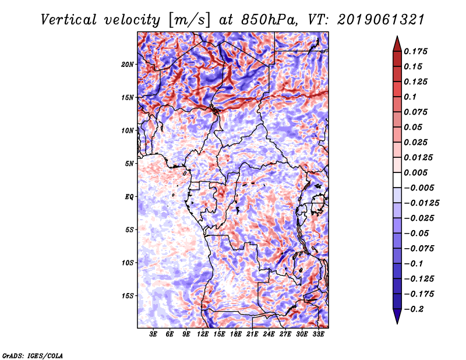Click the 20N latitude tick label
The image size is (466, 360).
tap(128, 65)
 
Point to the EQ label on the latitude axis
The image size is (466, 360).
tap(129, 197)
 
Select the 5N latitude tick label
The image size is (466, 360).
tap(129, 164)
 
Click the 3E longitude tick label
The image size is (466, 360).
tap(153, 334)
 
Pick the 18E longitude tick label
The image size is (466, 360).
tap(236, 334)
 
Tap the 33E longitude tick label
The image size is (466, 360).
tap(318, 334)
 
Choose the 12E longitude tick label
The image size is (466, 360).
tap(203, 334)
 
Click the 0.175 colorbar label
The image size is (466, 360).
tap(415, 51)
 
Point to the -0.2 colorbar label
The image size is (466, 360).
tap(414, 309)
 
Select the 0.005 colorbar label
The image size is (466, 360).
tap(415, 172)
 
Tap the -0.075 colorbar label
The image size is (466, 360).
tap(419, 249)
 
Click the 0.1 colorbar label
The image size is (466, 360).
tap(410, 97)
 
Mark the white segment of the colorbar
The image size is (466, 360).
tap(397, 180)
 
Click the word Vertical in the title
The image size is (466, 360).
tap(69, 20)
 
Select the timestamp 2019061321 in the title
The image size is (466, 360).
tap(381, 20)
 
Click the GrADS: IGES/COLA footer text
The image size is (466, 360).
tap(33, 356)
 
